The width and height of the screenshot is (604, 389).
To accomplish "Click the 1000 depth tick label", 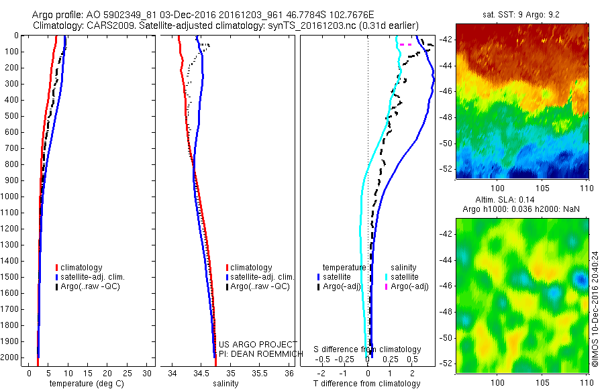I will (10, 197).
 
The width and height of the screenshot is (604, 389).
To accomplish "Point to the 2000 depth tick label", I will (10, 357).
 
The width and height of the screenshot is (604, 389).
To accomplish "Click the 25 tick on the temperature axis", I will (128, 372).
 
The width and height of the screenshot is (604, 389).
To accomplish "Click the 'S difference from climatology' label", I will (368, 349).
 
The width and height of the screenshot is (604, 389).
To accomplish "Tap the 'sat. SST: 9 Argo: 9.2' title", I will (521, 14).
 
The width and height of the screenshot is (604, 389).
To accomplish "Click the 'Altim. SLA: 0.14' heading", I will (521, 201).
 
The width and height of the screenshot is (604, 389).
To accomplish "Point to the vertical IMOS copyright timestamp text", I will (595, 309).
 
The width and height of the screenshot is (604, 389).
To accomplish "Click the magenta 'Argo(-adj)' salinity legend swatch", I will (387, 287).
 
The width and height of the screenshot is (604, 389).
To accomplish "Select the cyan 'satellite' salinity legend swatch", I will (387, 277).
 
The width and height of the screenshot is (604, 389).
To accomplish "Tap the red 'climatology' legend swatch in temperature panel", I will (58, 268).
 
